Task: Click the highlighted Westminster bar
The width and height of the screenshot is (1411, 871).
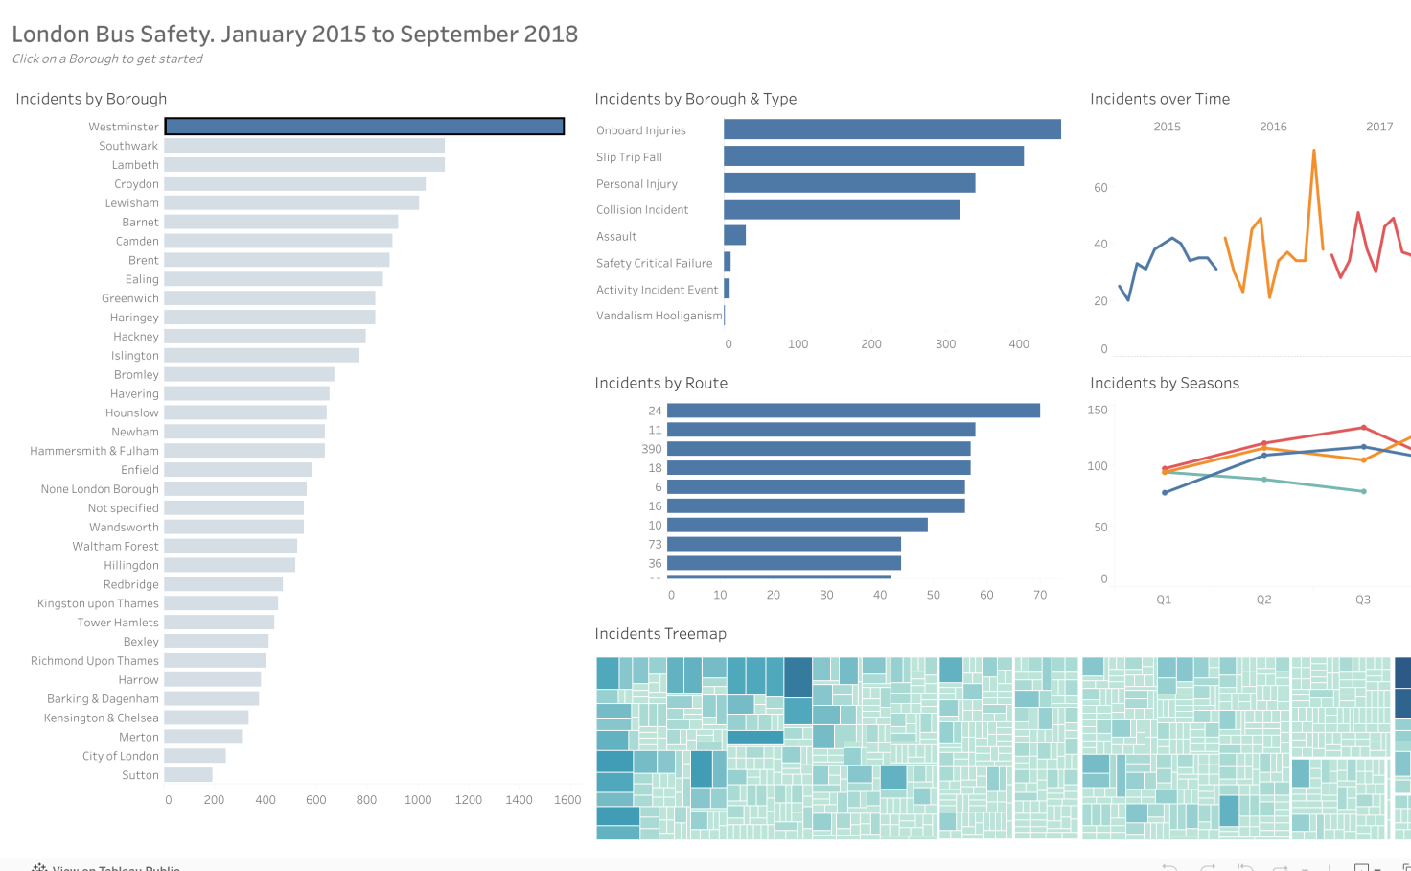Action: (x=364, y=127)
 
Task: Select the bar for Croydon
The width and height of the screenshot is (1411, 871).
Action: (x=295, y=184)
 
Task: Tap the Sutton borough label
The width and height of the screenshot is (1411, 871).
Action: (x=140, y=775)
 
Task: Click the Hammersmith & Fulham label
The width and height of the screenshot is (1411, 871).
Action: (x=94, y=451)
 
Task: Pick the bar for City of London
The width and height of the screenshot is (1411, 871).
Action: (x=195, y=756)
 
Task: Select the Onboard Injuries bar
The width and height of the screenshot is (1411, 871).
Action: (x=891, y=129)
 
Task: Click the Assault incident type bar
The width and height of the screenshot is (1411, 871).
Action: (x=734, y=236)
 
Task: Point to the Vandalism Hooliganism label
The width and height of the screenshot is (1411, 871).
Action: (x=659, y=316)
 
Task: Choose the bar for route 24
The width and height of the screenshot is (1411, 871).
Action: (x=853, y=411)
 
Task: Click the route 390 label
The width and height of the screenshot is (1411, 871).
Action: (x=652, y=449)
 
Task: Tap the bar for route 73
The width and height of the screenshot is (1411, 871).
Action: (x=784, y=545)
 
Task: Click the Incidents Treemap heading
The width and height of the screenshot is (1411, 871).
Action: (x=660, y=634)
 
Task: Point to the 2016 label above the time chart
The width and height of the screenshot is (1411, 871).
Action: (x=1273, y=127)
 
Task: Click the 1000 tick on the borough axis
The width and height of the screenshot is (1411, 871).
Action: (x=418, y=800)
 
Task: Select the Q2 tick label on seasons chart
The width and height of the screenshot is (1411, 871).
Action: (x=1264, y=600)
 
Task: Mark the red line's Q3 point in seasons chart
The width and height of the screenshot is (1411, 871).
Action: (x=1364, y=428)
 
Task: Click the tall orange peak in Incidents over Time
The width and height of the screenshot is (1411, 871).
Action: (x=1313, y=151)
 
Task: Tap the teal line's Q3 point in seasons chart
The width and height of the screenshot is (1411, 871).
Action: (x=1364, y=491)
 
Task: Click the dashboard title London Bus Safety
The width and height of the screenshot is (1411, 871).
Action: (x=294, y=35)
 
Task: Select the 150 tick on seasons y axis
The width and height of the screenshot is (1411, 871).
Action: (x=1098, y=411)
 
